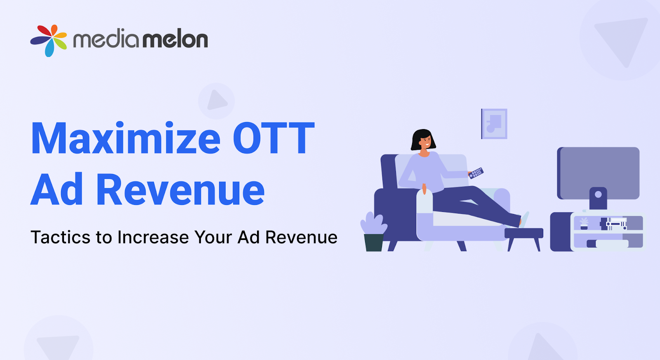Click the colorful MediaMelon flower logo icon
click(49, 40)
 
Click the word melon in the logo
click(175, 40)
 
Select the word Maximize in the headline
click(126, 139)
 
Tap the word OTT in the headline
click(273, 139)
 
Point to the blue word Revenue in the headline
click(180, 190)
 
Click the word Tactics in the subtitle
click(60, 238)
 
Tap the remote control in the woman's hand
click(476, 173)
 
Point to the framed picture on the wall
click(494, 124)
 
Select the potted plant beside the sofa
click(374, 233)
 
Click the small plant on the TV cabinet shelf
click(584, 223)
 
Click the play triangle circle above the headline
click(217, 101)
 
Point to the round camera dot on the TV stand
click(598, 194)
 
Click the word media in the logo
click(106, 40)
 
